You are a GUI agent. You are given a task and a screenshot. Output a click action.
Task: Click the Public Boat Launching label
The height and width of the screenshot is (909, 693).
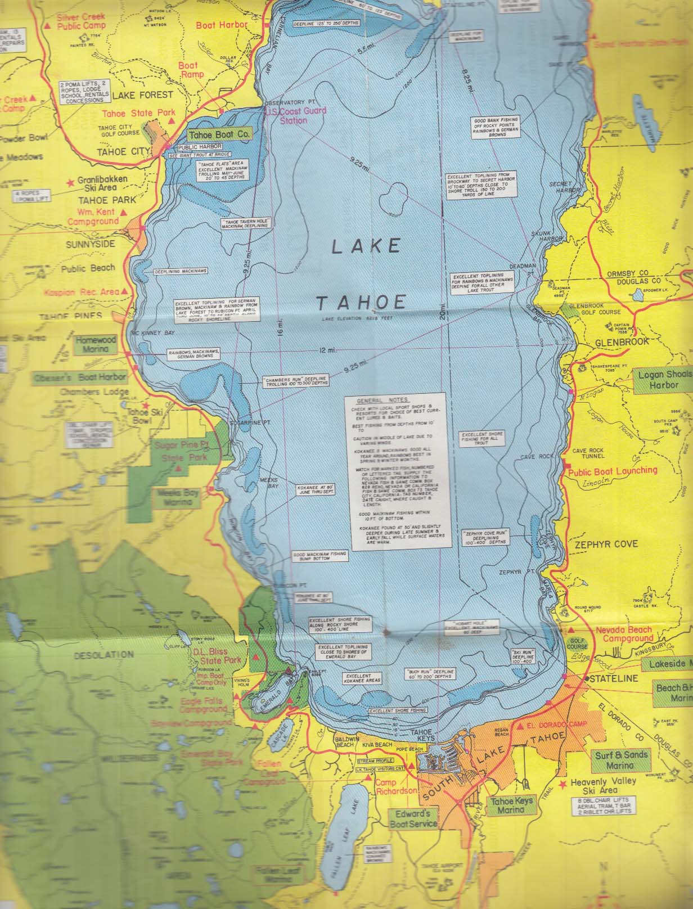point(613,470)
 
